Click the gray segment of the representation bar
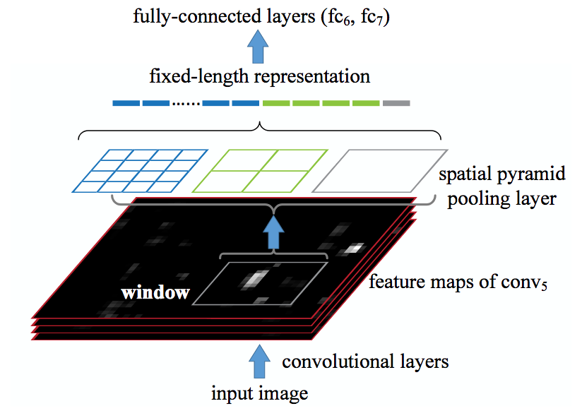pos(396,103)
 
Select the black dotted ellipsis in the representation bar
pos(186,103)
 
